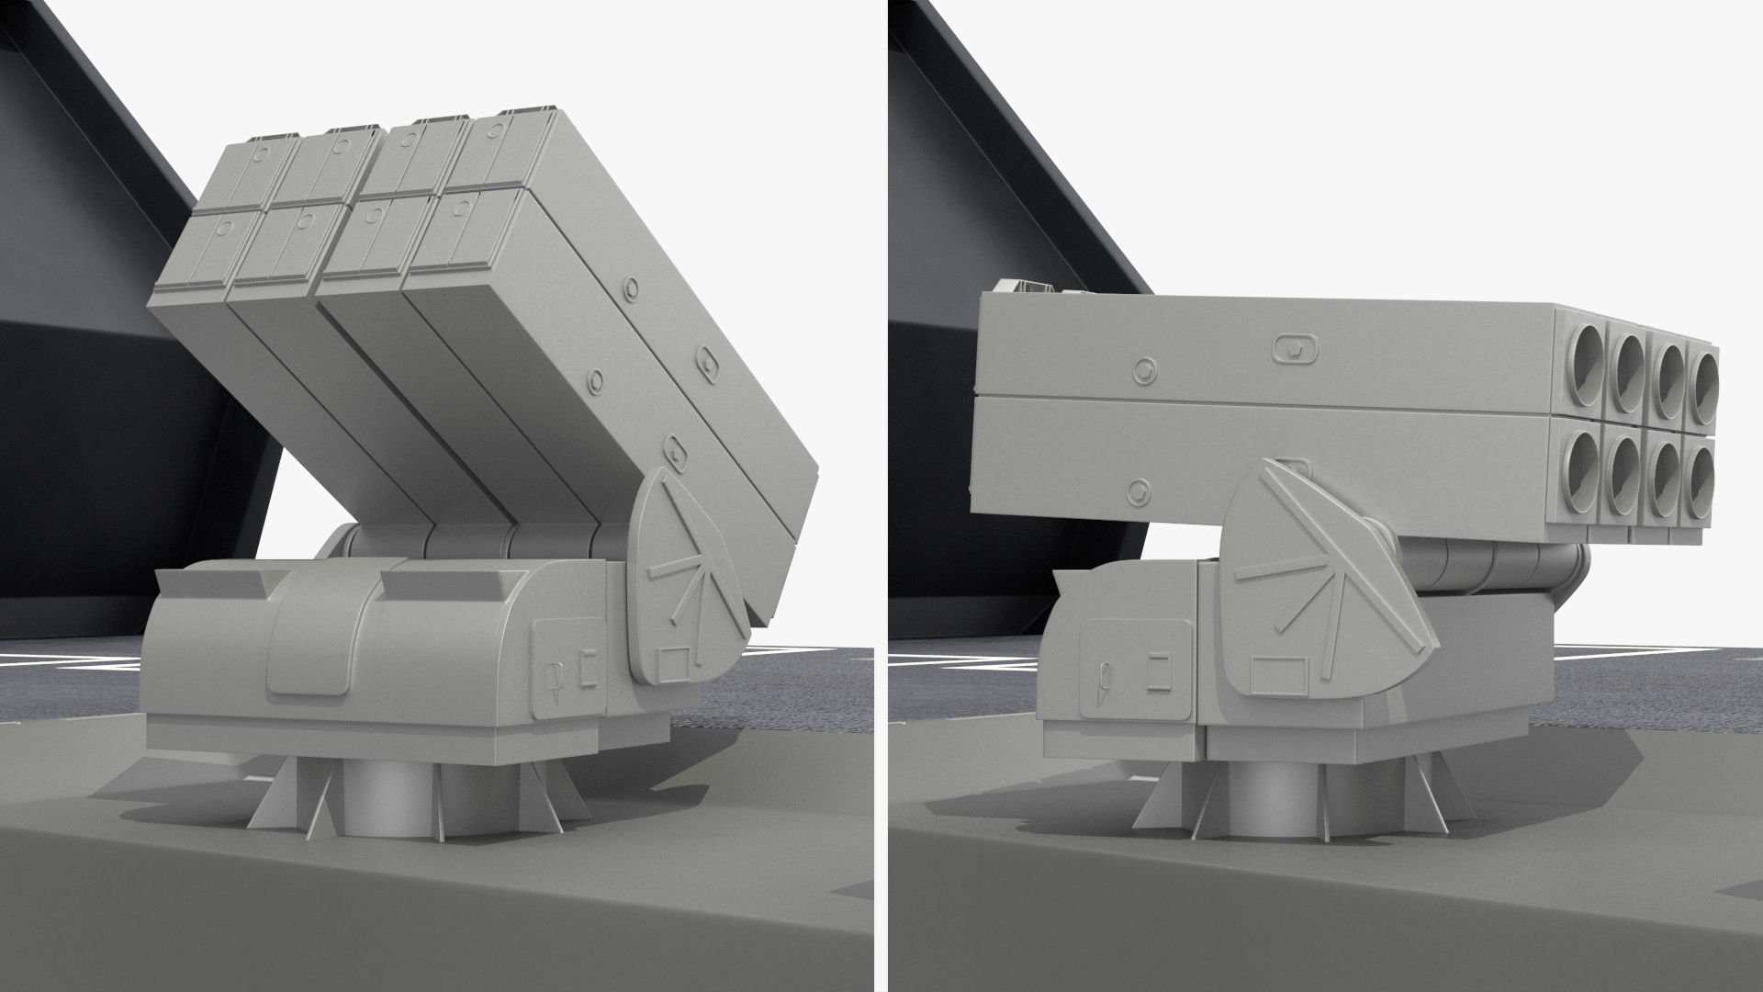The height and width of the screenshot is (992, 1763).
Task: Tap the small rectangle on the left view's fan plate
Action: pos(678,661)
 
